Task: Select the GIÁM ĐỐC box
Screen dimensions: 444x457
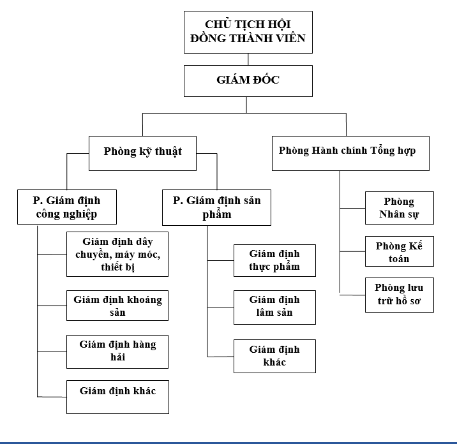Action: coord(248,81)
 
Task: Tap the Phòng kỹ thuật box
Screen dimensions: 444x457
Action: coord(142,152)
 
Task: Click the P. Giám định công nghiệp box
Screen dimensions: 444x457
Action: coord(66,207)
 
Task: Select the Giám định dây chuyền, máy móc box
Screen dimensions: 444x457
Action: coord(117,254)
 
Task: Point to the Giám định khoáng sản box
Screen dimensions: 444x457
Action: coord(117,306)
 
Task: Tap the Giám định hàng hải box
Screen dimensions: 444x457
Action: coord(117,351)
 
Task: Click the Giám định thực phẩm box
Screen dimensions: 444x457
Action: coord(274,260)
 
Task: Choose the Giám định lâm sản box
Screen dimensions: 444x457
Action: coord(274,307)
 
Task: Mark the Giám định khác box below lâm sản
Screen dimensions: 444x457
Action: coord(274,356)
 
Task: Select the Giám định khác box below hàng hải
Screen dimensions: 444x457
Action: coord(117,396)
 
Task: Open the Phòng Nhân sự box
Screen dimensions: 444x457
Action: coord(400,208)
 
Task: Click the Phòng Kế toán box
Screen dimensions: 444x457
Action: coord(400,252)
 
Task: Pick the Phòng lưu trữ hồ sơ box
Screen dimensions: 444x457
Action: coord(400,294)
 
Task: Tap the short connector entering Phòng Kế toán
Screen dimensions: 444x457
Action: coord(352,251)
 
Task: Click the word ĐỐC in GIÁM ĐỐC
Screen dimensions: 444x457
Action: coord(265,80)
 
